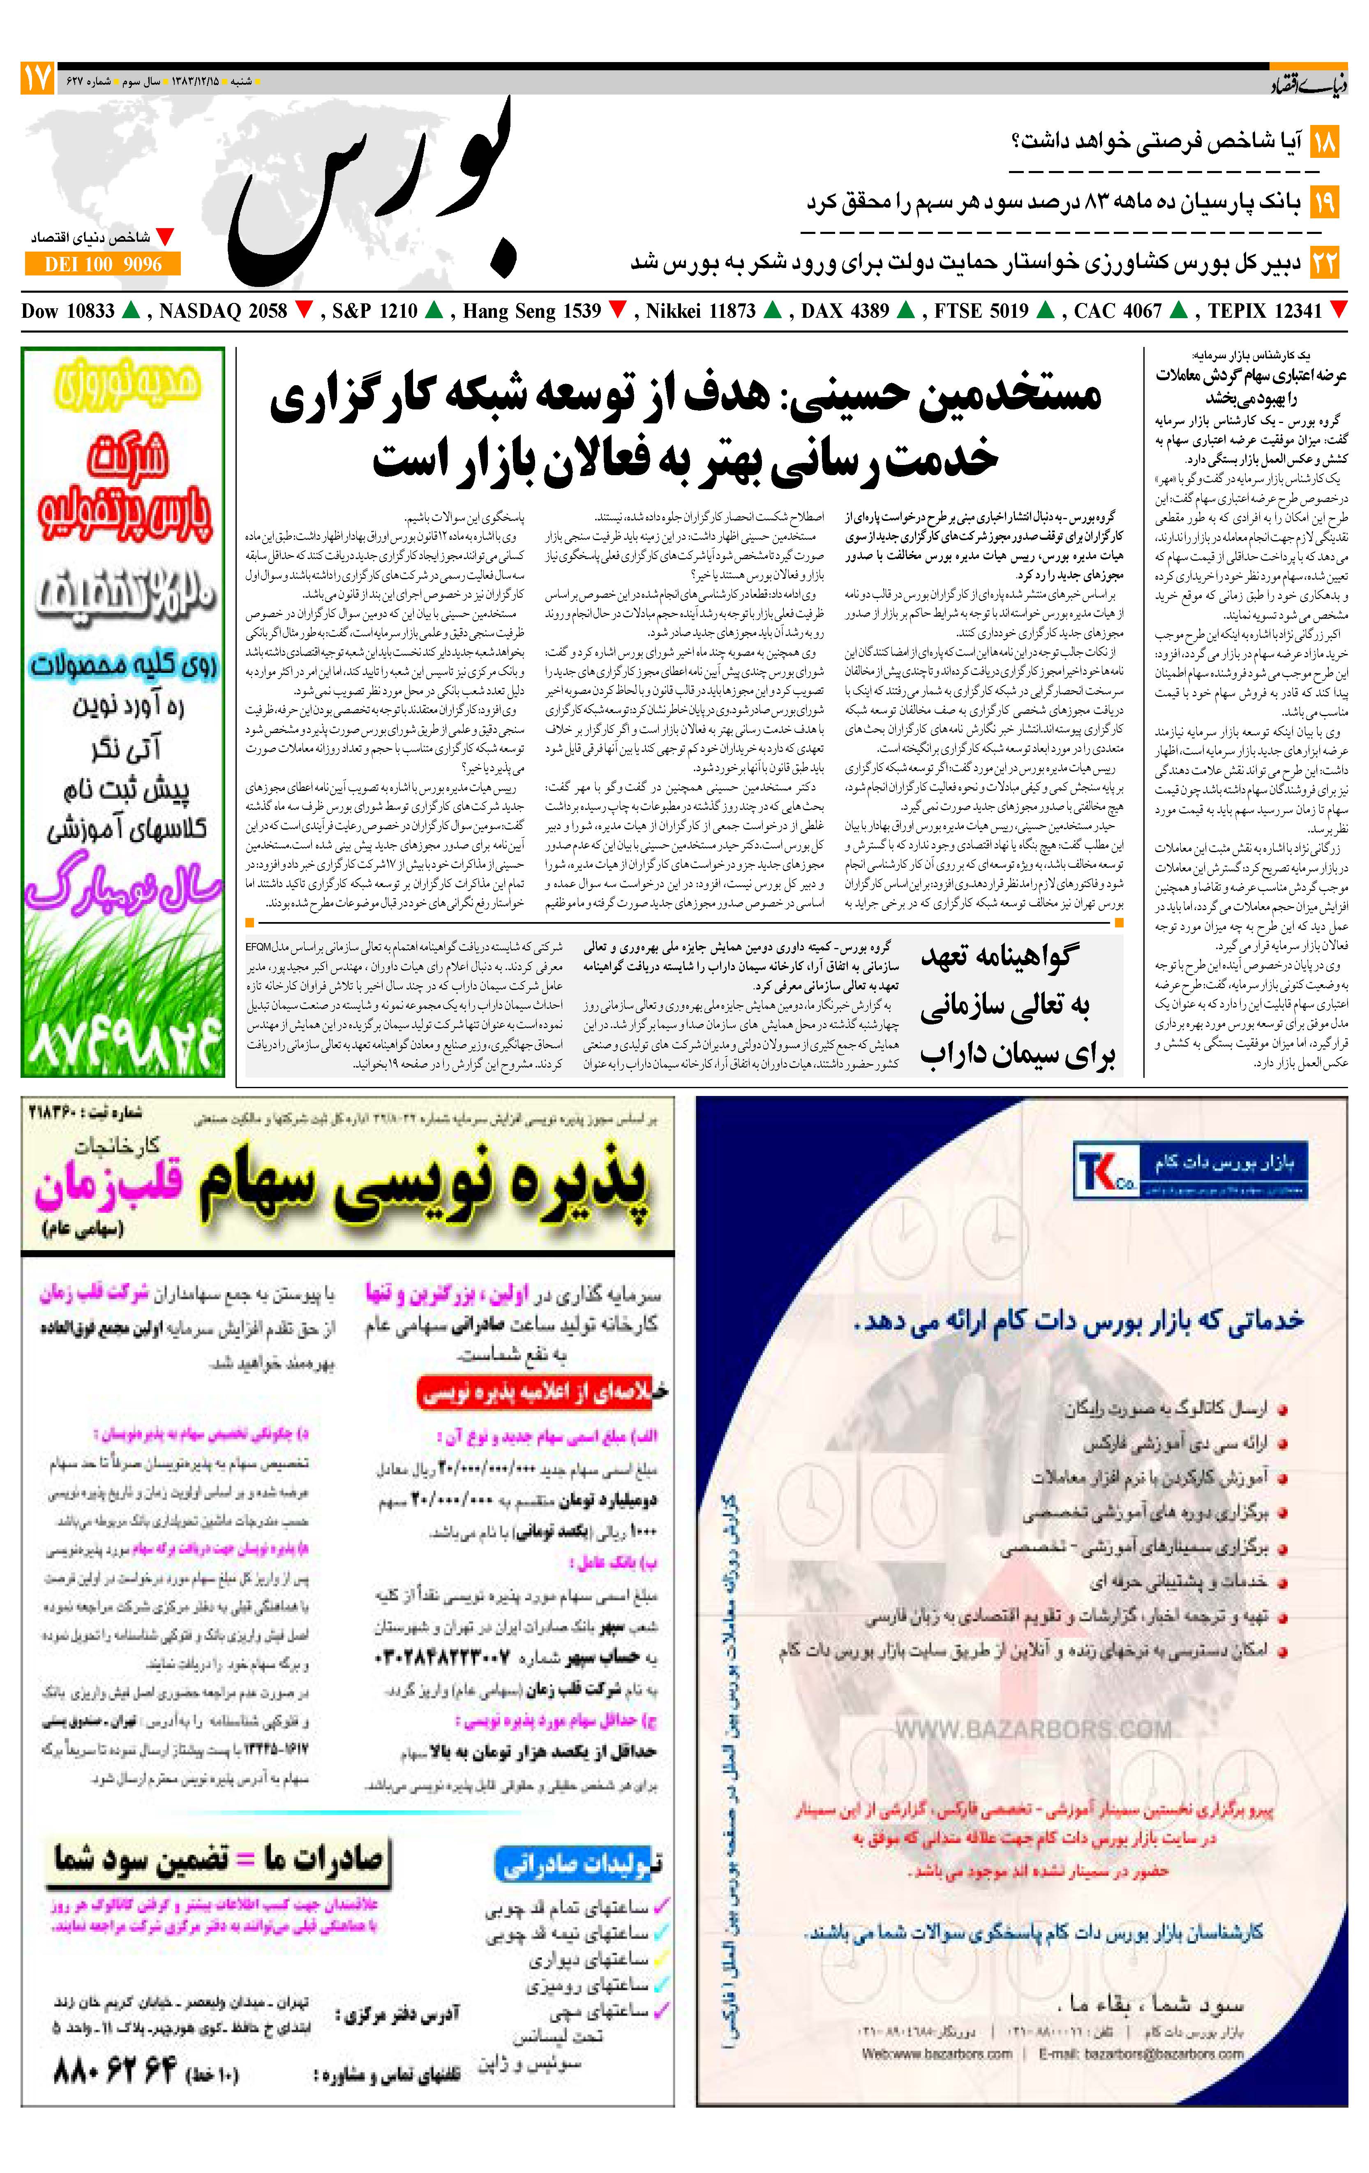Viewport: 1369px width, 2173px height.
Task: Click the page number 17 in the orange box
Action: point(37,79)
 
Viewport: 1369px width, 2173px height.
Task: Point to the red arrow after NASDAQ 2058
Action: point(304,310)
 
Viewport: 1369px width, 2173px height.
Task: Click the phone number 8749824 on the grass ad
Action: point(124,1042)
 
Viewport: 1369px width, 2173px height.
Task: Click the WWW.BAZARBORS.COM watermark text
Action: point(1033,1729)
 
